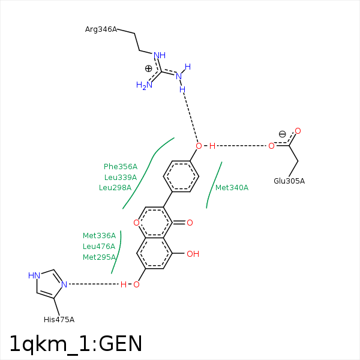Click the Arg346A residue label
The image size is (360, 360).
pyautogui.click(x=101, y=29)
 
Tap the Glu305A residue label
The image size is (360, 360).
pyautogui.click(x=289, y=181)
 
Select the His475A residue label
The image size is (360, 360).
pyautogui.click(x=59, y=320)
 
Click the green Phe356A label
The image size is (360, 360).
pyautogui.click(x=121, y=166)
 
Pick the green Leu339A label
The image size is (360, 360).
pyautogui.click(x=121, y=177)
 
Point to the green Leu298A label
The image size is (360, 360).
pyautogui.click(x=115, y=188)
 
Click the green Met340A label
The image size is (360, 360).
pyautogui.click(x=232, y=188)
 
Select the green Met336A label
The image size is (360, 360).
pyautogui.click(x=99, y=236)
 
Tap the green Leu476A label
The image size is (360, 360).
pyautogui.click(x=99, y=247)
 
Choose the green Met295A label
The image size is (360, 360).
pyautogui.click(x=99, y=257)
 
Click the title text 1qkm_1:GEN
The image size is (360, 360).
pyautogui.click(x=76, y=344)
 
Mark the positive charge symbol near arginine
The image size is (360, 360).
pyautogui.click(x=149, y=68)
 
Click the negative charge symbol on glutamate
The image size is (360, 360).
pyautogui.click(x=282, y=134)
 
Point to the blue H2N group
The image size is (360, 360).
pyautogui.click(x=144, y=85)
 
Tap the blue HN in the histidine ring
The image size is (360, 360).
pyautogui.click(x=34, y=275)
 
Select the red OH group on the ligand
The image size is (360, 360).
pyautogui.click(x=193, y=254)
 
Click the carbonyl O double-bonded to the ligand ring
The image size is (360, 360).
pyautogui.click(x=190, y=223)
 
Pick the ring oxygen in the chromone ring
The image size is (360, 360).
pyautogui.click(x=136, y=223)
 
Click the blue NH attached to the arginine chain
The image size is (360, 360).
pyautogui.click(x=160, y=55)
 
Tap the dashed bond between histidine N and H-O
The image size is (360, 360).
pyautogui.click(x=94, y=284)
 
